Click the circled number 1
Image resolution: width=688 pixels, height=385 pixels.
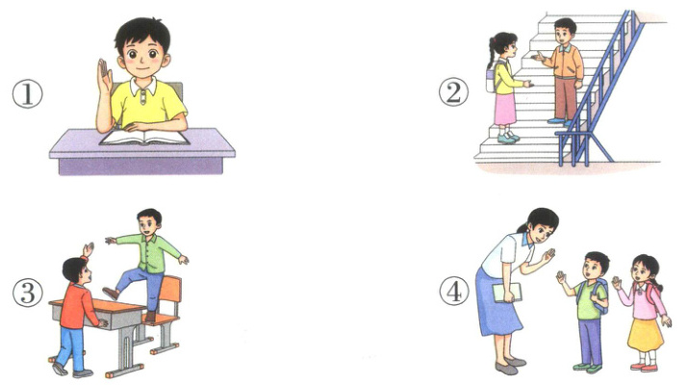27,95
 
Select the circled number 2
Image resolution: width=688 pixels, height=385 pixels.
453,92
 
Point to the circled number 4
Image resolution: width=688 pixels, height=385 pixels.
454,292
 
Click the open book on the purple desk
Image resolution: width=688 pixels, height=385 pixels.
144,138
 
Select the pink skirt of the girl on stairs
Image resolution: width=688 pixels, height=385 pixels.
504,109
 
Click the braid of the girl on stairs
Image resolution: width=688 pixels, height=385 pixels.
491,54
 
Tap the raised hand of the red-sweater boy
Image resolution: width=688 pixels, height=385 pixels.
89,249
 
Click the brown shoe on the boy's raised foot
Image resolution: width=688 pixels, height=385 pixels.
111,293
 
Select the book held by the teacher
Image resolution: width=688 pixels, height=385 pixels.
507,293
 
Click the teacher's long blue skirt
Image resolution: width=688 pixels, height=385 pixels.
497,304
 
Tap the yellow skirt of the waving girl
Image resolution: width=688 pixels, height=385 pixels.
645,335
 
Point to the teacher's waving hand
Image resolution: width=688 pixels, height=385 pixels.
548,255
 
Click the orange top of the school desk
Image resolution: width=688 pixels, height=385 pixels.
96,305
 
